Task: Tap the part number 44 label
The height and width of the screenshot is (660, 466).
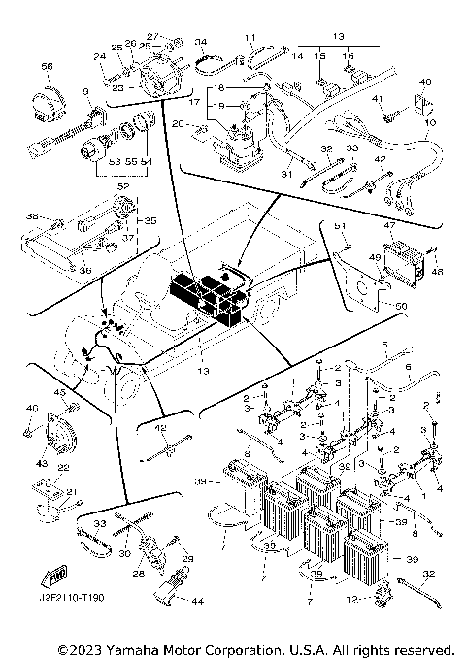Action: [x=198, y=602]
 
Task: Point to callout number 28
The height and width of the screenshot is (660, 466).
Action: [x=139, y=574]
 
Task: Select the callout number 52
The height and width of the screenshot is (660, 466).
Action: [x=123, y=184]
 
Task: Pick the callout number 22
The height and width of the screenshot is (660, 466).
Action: [x=61, y=468]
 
